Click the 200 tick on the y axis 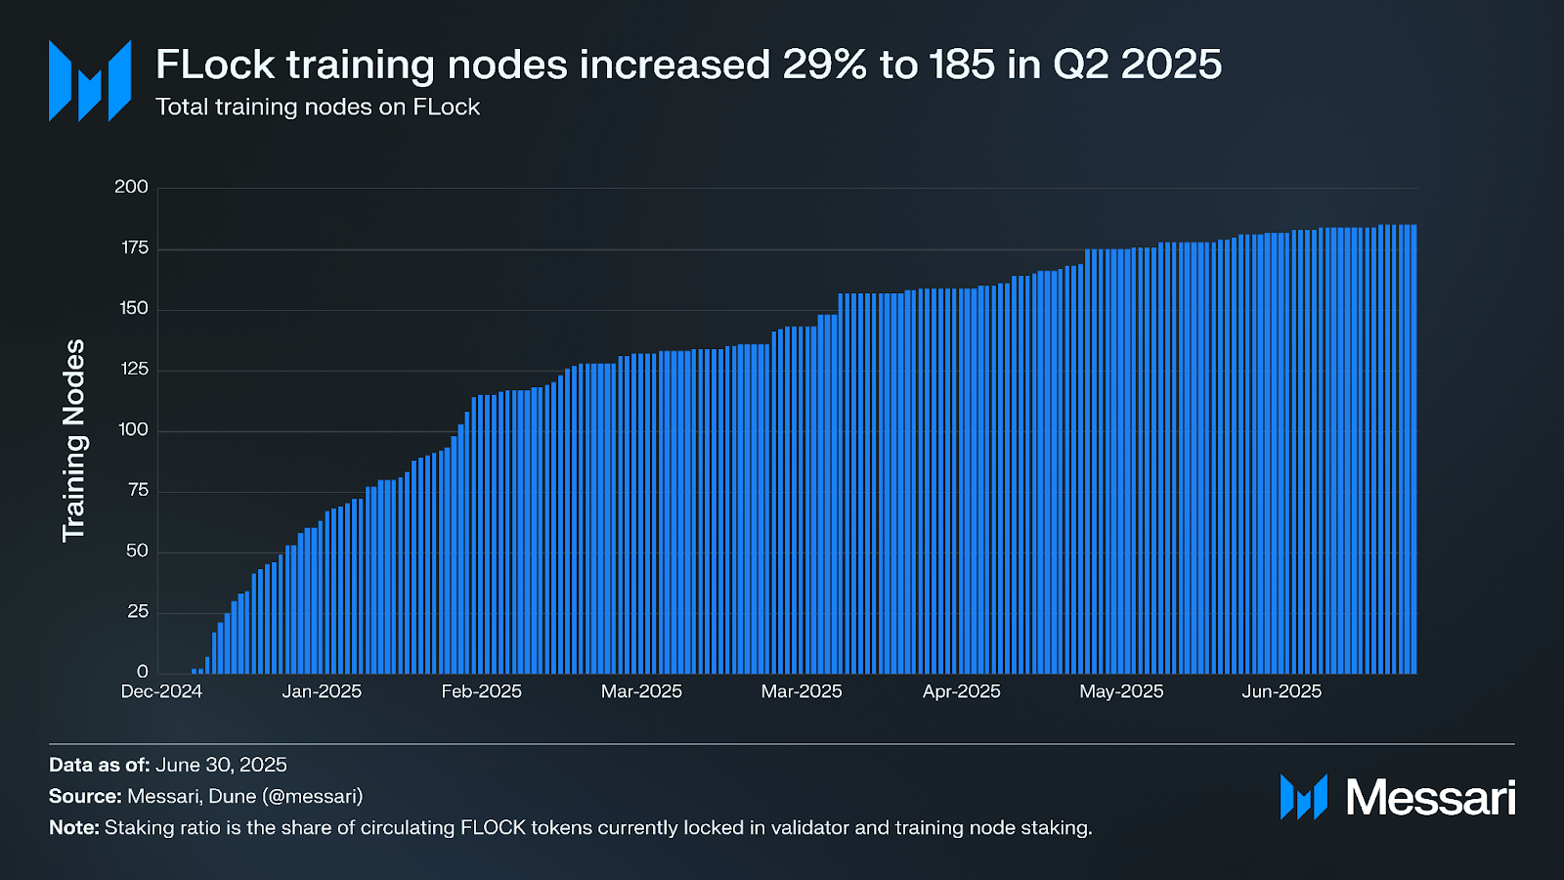131,187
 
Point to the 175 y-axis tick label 135,248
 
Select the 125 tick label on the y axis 135,370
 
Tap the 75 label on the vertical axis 138,491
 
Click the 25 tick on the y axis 138,612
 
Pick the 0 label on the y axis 143,672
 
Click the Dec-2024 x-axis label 161,691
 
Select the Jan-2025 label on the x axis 322,691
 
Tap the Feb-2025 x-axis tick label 481,691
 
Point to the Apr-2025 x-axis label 961,691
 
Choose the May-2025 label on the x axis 1121,691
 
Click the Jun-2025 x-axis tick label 1282,691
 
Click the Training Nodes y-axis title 74,440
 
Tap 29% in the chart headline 824,66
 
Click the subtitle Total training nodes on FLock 318,108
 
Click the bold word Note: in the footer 74,827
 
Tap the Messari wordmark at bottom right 1430,798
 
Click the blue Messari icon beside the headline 90,81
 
